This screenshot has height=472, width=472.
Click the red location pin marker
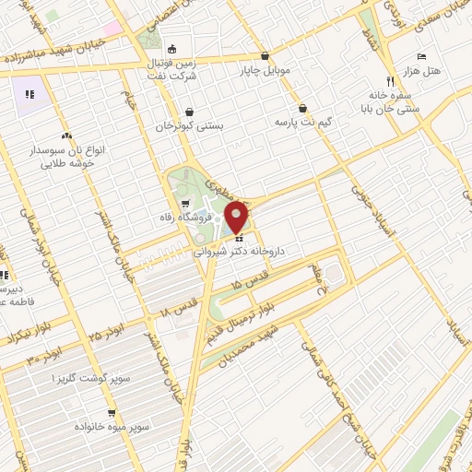tap(237, 217)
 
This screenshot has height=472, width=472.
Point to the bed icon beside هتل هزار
tap(422, 56)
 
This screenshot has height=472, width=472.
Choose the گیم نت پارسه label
tap(304, 122)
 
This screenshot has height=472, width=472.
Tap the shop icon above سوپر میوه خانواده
tap(112, 414)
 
